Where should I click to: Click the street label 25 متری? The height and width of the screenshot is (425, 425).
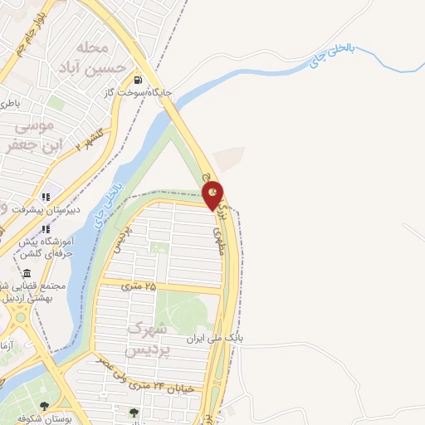(x=139, y=286)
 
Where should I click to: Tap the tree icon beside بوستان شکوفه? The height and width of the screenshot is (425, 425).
(x=44, y=406)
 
